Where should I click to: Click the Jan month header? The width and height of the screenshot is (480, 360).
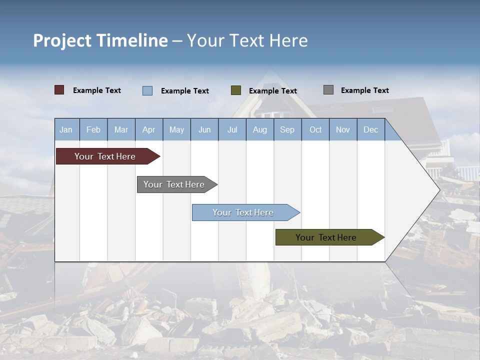[66, 129]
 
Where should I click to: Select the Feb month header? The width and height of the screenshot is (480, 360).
[93, 129]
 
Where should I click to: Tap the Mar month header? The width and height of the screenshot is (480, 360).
[121, 129]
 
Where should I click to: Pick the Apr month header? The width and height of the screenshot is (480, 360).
[149, 129]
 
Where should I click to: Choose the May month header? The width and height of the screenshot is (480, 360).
[176, 129]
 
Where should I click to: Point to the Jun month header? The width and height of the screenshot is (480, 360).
[204, 129]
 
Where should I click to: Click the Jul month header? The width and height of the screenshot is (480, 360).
[232, 129]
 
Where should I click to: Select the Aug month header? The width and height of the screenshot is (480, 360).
[260, 129]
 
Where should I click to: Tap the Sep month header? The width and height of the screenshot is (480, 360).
[287, 129]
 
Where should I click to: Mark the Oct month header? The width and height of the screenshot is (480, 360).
[315, 129]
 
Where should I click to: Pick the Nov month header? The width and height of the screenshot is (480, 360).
[343, 129]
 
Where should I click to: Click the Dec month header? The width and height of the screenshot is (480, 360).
[371, 129]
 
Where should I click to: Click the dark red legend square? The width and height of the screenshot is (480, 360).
[59, 90]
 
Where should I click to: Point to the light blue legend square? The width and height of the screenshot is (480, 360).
[147, 90]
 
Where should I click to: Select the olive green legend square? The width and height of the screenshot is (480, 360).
[236, 90]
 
